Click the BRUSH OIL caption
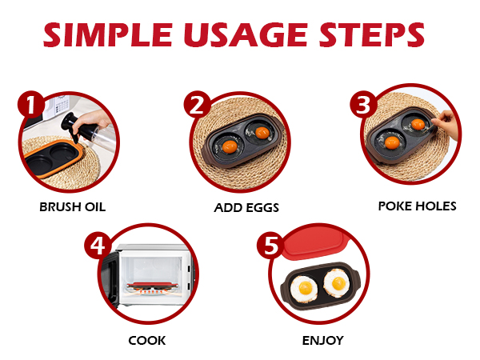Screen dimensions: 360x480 pyautogui.click(x=72, y=206)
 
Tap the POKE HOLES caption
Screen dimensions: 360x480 pyautogui.click(x=417, y=206)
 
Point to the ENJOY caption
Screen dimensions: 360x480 pyautogui.click(x=322, y=340)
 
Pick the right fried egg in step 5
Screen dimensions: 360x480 pyautogui.click(x=337, y=282)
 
